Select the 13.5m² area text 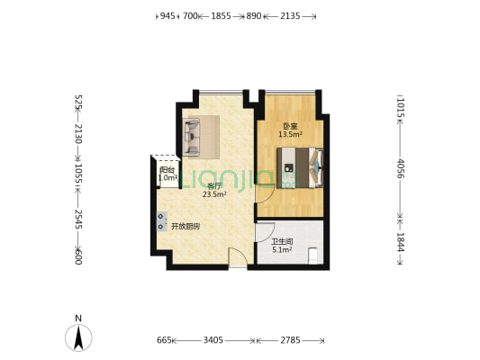(x=290, y=134)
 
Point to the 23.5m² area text (x=214, y=194)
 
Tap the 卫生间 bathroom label (x=282, y=241)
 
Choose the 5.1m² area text (x=282, y=249)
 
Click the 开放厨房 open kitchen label (x=186, y=227)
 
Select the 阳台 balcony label (x=167, y=170)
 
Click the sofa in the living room (x=194, y=133)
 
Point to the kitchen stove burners (x=162, y=219)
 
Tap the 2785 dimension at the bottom (x=292, y=341)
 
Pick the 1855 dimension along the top (x=221, y=16)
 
